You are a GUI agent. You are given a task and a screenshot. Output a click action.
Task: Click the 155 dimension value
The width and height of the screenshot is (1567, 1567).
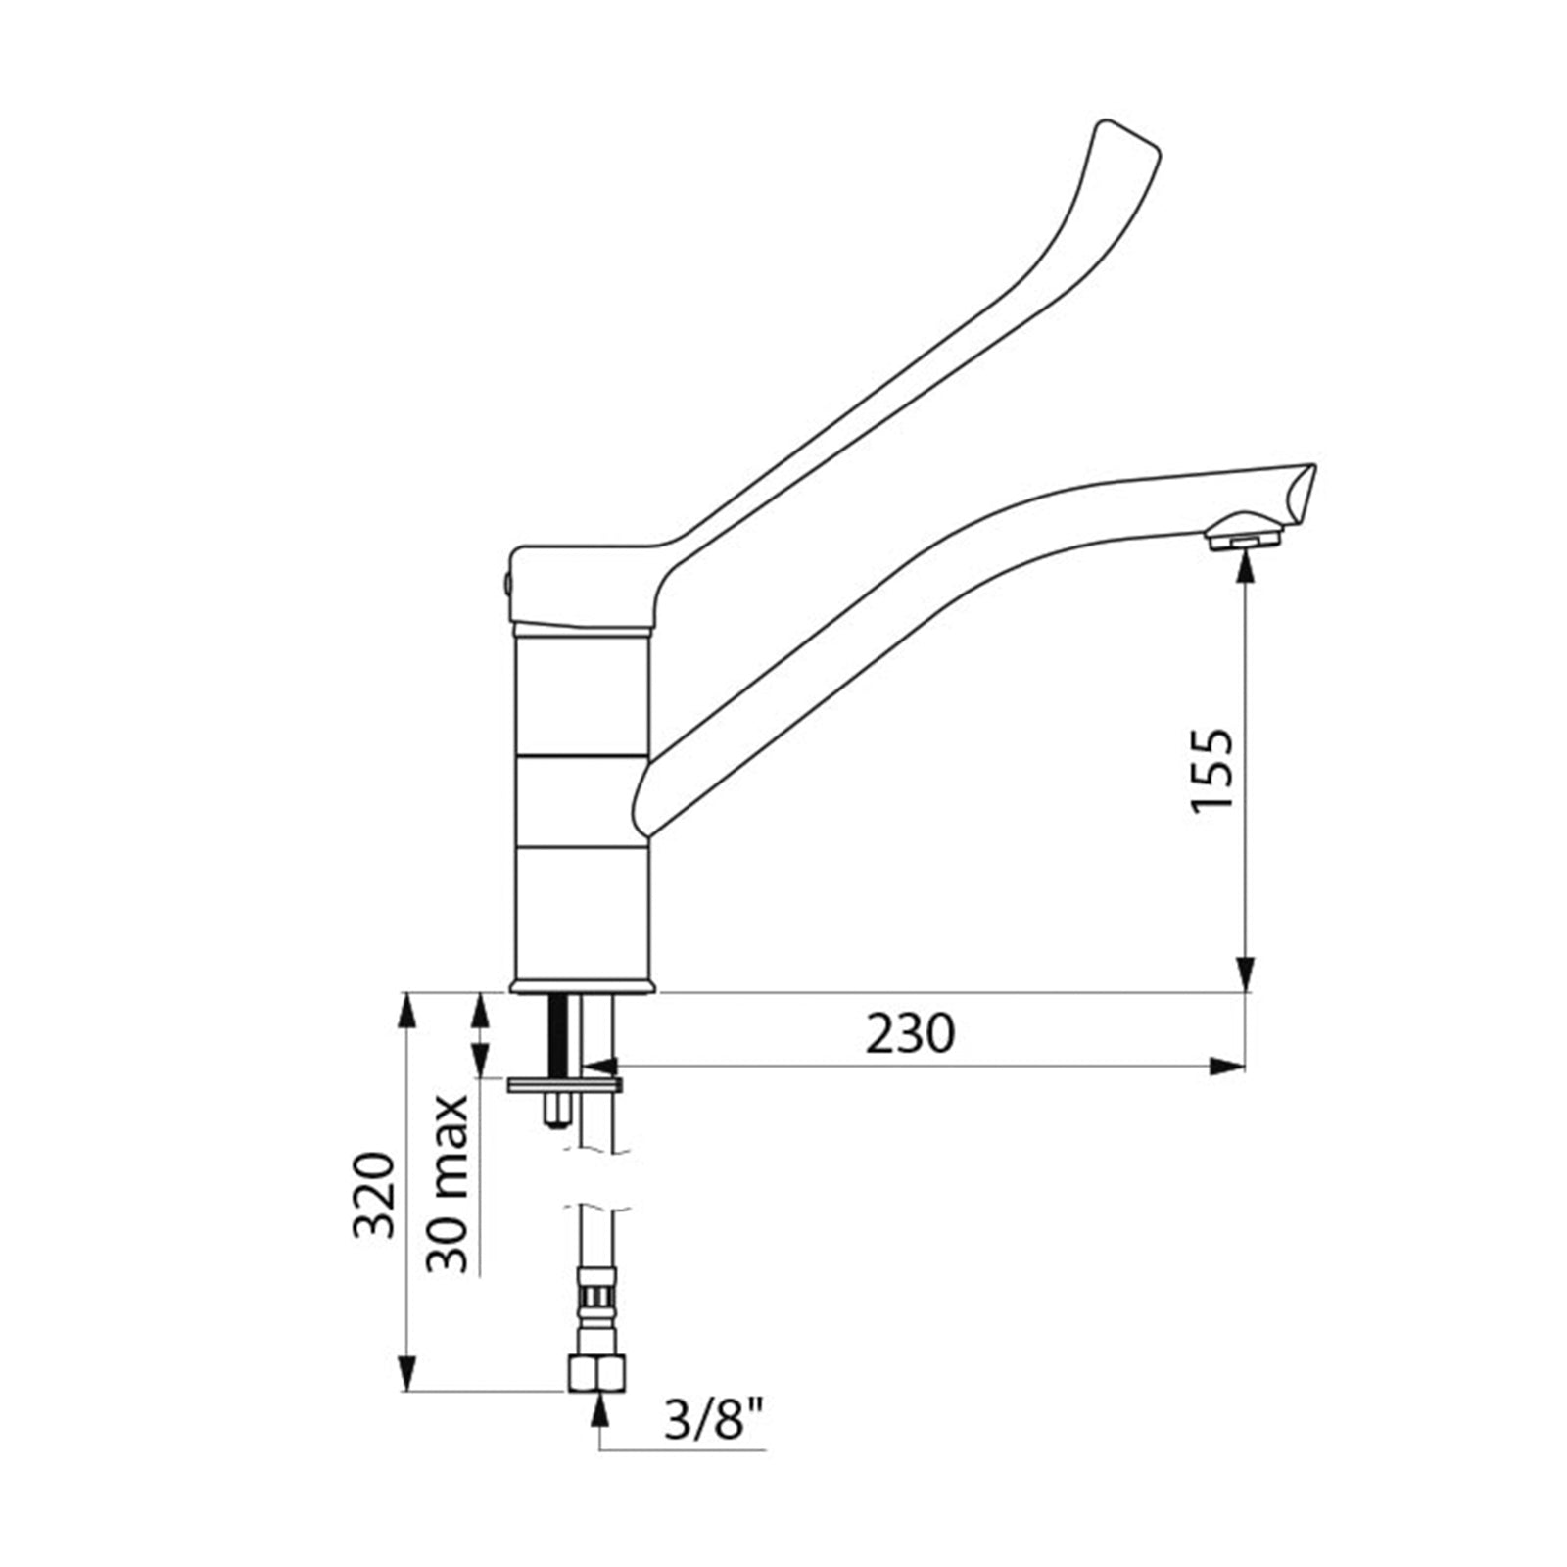pyautogui.click(x=1212, y=769)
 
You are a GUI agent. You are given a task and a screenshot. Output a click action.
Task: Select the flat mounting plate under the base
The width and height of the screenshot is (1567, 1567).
pyautogui.click(x=564, y=1084)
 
